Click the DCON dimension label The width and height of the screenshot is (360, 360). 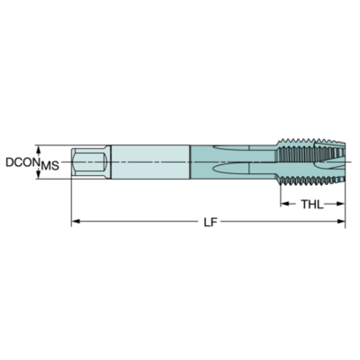pyautogui.click(x=23, y=162)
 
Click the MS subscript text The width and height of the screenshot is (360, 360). pyautogui.click(x=50, y=166)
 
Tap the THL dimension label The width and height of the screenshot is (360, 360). pyautogui.click(x=312, y=204)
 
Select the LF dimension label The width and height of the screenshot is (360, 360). pyautogui.click(x=210, y=222)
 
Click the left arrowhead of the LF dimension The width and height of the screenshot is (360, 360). pyautogui.click(x=76, y=222)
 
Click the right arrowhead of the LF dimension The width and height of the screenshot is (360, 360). pyautogui.click(x=341, y=222)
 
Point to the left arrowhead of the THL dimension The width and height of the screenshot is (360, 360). pyautogui.click(x=285, y=204)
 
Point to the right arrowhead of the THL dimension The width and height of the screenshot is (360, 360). pyautogui.click(x=341, y=204)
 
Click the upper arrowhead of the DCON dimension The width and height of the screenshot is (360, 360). pyautogui.click(x=38, y=149)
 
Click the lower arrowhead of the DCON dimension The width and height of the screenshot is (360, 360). pyautogui.click(x=38, y=174)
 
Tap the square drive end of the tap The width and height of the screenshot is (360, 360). pyautogui.click(x=89, y=162)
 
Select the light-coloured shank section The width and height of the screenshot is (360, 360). pyautogui.click(x=150, y=162)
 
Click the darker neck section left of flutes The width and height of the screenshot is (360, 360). pyautogui.click(x=201, y=162)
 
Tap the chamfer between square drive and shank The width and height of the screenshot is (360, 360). pyautogui.click(x=107, y=162)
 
